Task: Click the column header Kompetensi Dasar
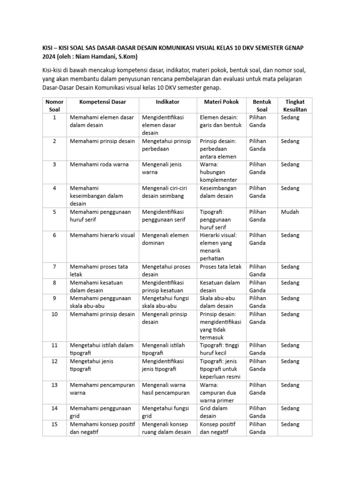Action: click(x=102, y=102)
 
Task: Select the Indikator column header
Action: click(x=167, y=102)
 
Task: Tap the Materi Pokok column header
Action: click(x=221, y=102)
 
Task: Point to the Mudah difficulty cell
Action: click(x=289, y=212)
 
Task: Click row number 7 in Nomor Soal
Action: click(x=54, y=267)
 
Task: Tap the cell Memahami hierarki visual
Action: click(x=102, y=235)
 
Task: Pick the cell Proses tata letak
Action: click(x=220, y=267)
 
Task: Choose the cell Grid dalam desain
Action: click(x=214, y=412)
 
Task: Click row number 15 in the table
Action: click(x=54, y=424)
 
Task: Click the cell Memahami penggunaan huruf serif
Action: click(x=100, y=216)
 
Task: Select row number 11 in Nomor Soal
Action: click(x=54, y=345)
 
